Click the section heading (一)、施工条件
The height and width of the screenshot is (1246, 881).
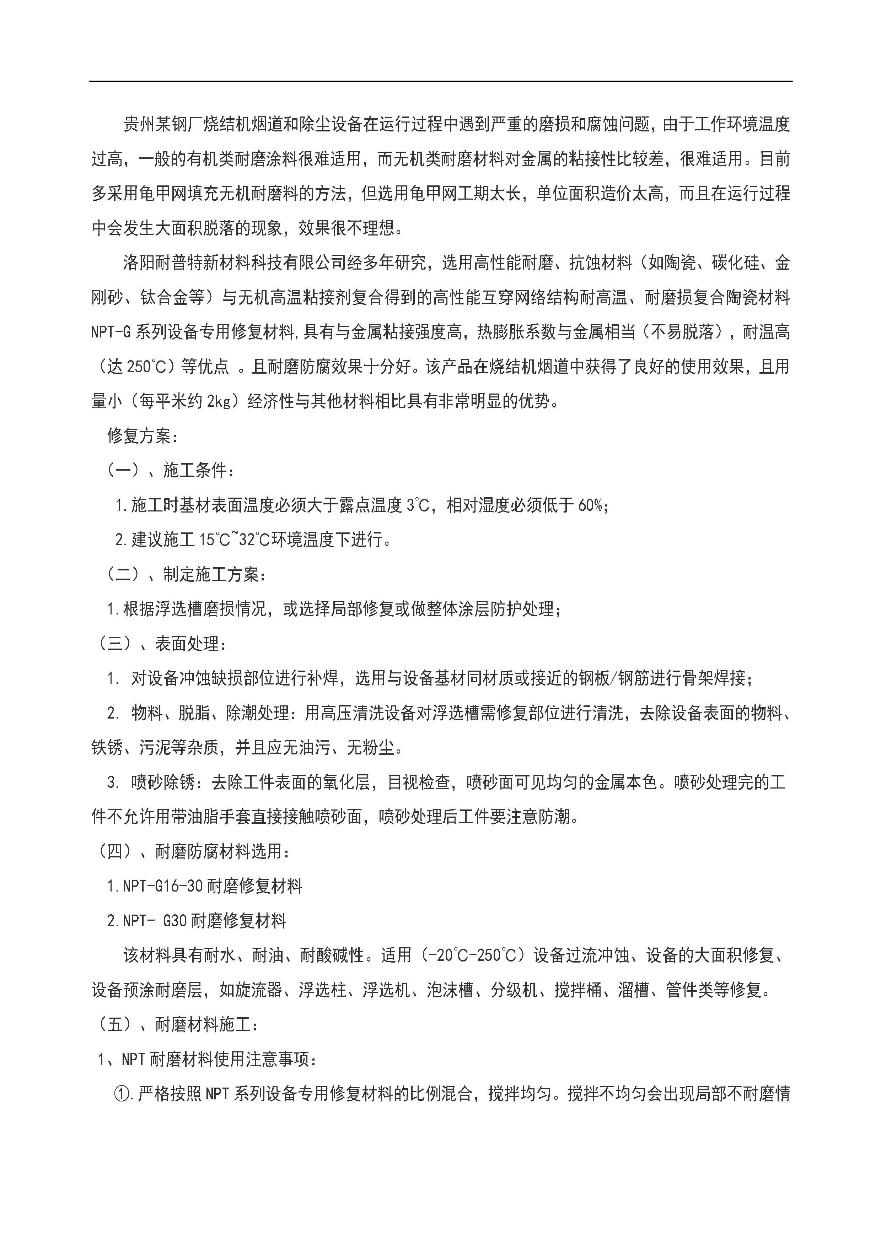(170, 471)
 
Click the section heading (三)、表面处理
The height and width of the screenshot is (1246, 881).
(161, 644)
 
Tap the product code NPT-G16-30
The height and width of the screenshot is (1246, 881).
(163, 887)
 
